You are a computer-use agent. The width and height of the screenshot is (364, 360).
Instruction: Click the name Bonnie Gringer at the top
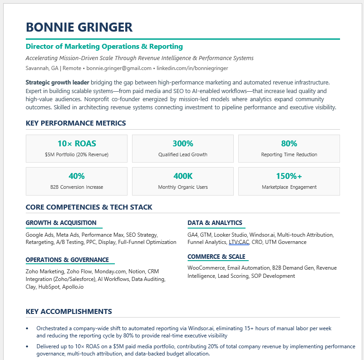tap(79, 27)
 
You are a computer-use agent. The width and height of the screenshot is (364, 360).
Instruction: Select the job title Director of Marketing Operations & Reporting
tap(104, 47)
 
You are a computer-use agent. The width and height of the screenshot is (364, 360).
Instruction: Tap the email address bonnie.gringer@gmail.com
tap(119, 68)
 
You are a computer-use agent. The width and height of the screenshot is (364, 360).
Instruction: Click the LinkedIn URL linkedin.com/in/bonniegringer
tap(192, 68)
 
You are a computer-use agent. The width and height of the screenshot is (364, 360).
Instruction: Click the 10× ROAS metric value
tap(76, 144)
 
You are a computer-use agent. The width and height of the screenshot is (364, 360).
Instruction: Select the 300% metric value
tap(183, 144)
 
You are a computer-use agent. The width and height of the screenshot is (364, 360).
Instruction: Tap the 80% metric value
tap(289, 144)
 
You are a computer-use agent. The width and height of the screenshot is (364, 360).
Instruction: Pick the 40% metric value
tap(76, 176)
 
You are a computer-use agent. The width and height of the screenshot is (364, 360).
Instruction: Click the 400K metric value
tap(183, 176)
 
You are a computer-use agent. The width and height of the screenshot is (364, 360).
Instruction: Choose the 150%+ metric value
tap(289, 176)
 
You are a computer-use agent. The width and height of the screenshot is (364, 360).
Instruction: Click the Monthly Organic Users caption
tap(183, 187)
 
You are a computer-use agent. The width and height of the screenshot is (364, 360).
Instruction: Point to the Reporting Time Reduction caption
tap(289, 154)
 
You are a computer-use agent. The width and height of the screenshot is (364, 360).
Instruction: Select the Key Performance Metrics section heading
tap(76, 123)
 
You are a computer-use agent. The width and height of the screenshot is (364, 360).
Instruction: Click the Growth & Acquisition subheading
tap(61, 223)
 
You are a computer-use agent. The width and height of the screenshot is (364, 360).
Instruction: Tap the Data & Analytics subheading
tap(215, 223)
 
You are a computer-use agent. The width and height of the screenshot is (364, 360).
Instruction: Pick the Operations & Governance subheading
tap(67, 260)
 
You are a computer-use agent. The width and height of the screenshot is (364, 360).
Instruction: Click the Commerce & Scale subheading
tap(216, 257)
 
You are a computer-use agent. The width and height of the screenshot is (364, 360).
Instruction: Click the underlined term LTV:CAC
tap(239, 242)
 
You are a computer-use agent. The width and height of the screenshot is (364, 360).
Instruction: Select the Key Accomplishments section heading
tap(69, 312)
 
